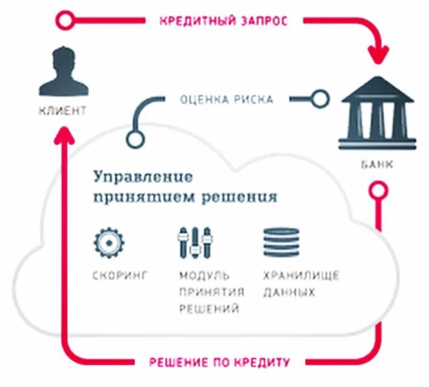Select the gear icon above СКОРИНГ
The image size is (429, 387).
[109, 242]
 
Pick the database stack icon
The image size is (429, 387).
[281, 242]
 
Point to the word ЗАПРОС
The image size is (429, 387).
[263, 21]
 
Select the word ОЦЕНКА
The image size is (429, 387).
[201, 99]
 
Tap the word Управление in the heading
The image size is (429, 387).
[143, 177]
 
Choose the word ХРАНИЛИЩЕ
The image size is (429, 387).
[301, 276]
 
